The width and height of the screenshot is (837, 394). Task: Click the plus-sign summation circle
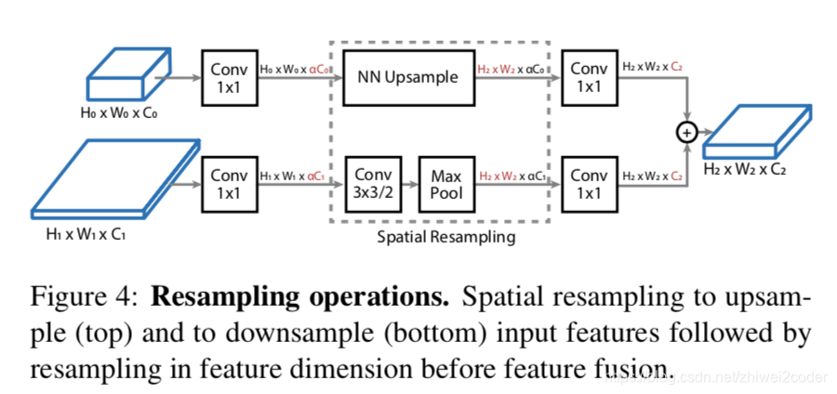(x=686, y=133)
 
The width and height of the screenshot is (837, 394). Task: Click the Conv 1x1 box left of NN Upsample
(x=229, y=76)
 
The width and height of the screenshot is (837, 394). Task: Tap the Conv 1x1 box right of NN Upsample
(x=589, y=76)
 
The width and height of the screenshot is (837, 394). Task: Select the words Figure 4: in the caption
(x=84, y=299)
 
